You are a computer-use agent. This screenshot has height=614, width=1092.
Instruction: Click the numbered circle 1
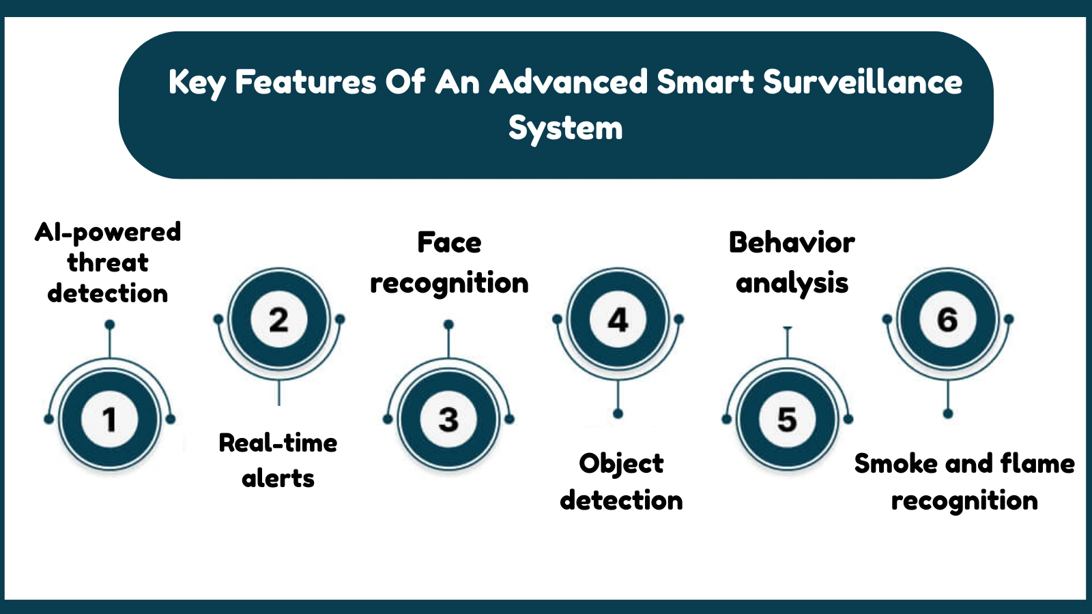(109, 419)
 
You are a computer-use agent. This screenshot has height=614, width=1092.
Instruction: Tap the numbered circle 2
(278, 319)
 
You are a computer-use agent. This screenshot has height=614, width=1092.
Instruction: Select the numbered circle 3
(448, 419)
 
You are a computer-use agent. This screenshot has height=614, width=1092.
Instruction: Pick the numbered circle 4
(618, 319)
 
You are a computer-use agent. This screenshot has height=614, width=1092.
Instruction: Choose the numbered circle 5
(787, 419)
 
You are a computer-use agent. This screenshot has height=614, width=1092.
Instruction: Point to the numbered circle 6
(947, 319)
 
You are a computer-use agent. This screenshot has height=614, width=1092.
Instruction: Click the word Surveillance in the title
(863, 83)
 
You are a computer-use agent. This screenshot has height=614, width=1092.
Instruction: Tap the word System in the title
(565, 128)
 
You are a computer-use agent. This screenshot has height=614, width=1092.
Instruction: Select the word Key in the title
(197, 83)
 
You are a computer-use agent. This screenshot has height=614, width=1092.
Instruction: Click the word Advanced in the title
(569, 83)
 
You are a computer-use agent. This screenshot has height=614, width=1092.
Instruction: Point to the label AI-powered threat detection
(108, 263)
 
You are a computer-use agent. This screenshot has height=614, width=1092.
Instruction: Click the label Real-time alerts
(278, 460)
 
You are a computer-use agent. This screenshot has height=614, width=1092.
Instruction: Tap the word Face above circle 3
(449, 243)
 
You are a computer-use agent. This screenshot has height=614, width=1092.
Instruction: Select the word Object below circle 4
(621, 464)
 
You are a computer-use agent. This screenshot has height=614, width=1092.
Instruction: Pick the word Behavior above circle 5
(792, 243)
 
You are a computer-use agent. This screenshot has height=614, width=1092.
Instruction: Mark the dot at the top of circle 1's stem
(109, 325)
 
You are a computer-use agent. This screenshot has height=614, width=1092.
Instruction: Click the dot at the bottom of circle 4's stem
(618, 413)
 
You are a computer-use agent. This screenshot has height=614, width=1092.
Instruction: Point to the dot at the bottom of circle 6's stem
(947, 413)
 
